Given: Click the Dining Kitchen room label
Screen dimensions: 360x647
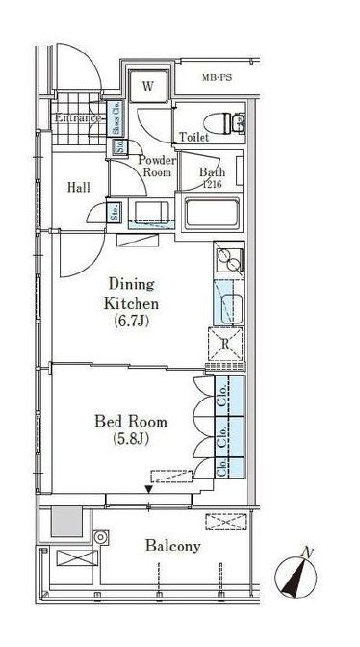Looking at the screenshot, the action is point(131,295).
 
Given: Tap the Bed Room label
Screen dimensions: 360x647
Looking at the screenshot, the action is point(131,422).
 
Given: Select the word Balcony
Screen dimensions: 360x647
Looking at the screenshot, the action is point(173,546).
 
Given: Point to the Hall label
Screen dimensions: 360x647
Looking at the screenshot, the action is point(79,188).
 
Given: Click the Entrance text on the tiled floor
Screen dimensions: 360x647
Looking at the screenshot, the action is point(78,118).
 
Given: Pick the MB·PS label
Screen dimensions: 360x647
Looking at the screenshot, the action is point(217,77).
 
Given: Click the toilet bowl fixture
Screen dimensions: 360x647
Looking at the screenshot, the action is point(224,122).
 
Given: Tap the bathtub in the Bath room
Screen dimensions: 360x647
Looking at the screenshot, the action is point(212,213).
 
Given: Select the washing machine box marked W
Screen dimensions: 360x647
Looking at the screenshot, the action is point(148,87).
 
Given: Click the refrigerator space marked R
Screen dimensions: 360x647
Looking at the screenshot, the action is point(225,344).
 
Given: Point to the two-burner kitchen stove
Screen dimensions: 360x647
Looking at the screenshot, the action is point(229,260).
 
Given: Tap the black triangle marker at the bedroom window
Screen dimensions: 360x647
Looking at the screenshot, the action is point(148,489).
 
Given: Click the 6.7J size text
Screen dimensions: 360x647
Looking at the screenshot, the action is point(131,322).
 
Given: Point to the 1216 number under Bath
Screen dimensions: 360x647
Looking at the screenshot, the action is point(212,184).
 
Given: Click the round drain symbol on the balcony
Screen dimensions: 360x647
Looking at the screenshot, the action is point(100,537).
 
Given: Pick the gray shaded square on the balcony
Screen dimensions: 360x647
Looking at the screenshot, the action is point(66,521).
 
